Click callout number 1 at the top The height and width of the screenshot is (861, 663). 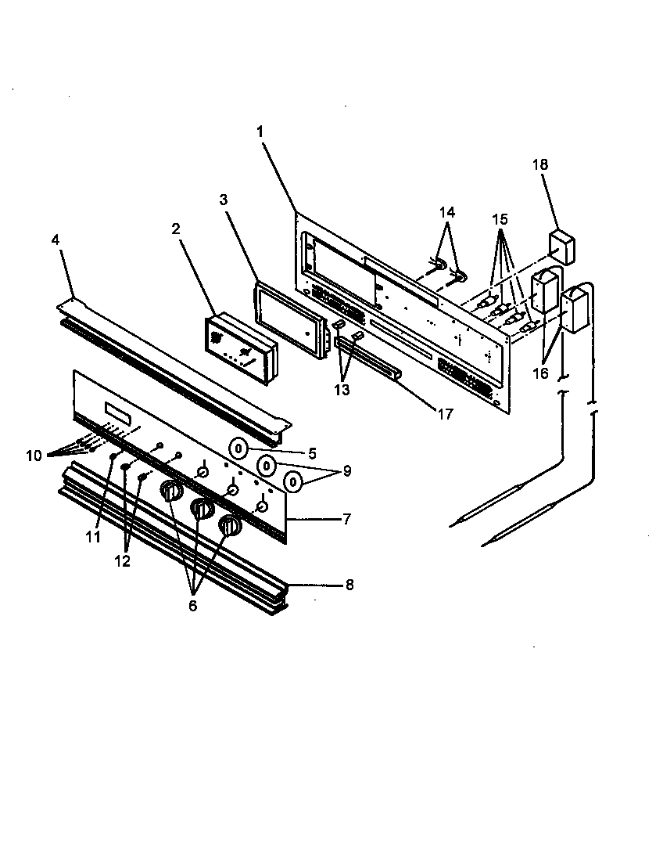pos(260,132)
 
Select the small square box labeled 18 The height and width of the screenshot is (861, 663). pos(561,246)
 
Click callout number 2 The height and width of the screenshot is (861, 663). pos(175,229)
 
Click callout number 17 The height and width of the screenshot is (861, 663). pos(445,415)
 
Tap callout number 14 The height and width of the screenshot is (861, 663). pos(446,212)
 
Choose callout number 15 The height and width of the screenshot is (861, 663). pos(500,221)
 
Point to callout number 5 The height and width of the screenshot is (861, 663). pos(311,452)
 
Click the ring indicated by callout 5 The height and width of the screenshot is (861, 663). pos(239,449)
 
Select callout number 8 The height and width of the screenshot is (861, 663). pos(349,585)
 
